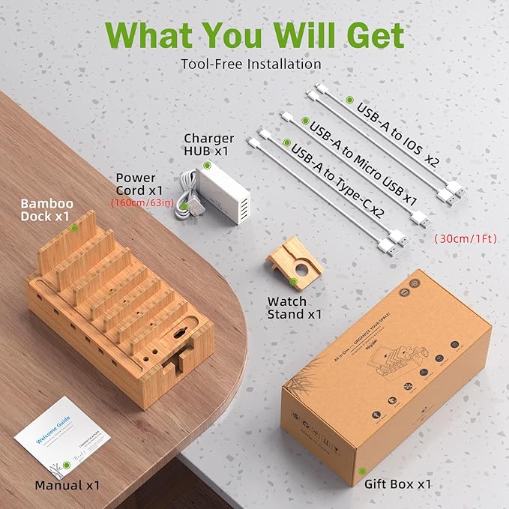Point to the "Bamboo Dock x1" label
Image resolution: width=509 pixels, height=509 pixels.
point(46,209)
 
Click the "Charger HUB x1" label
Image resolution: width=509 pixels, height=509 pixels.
point(208,144)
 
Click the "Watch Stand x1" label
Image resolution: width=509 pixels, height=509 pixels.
point(295,307)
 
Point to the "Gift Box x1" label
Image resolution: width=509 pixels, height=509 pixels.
point(397,484)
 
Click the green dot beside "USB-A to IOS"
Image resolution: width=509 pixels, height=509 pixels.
point(349,100)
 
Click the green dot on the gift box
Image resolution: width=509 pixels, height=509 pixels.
point(362,472)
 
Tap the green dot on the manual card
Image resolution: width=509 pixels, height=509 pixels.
point(67,466)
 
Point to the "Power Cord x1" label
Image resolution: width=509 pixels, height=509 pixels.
point(145,184)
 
